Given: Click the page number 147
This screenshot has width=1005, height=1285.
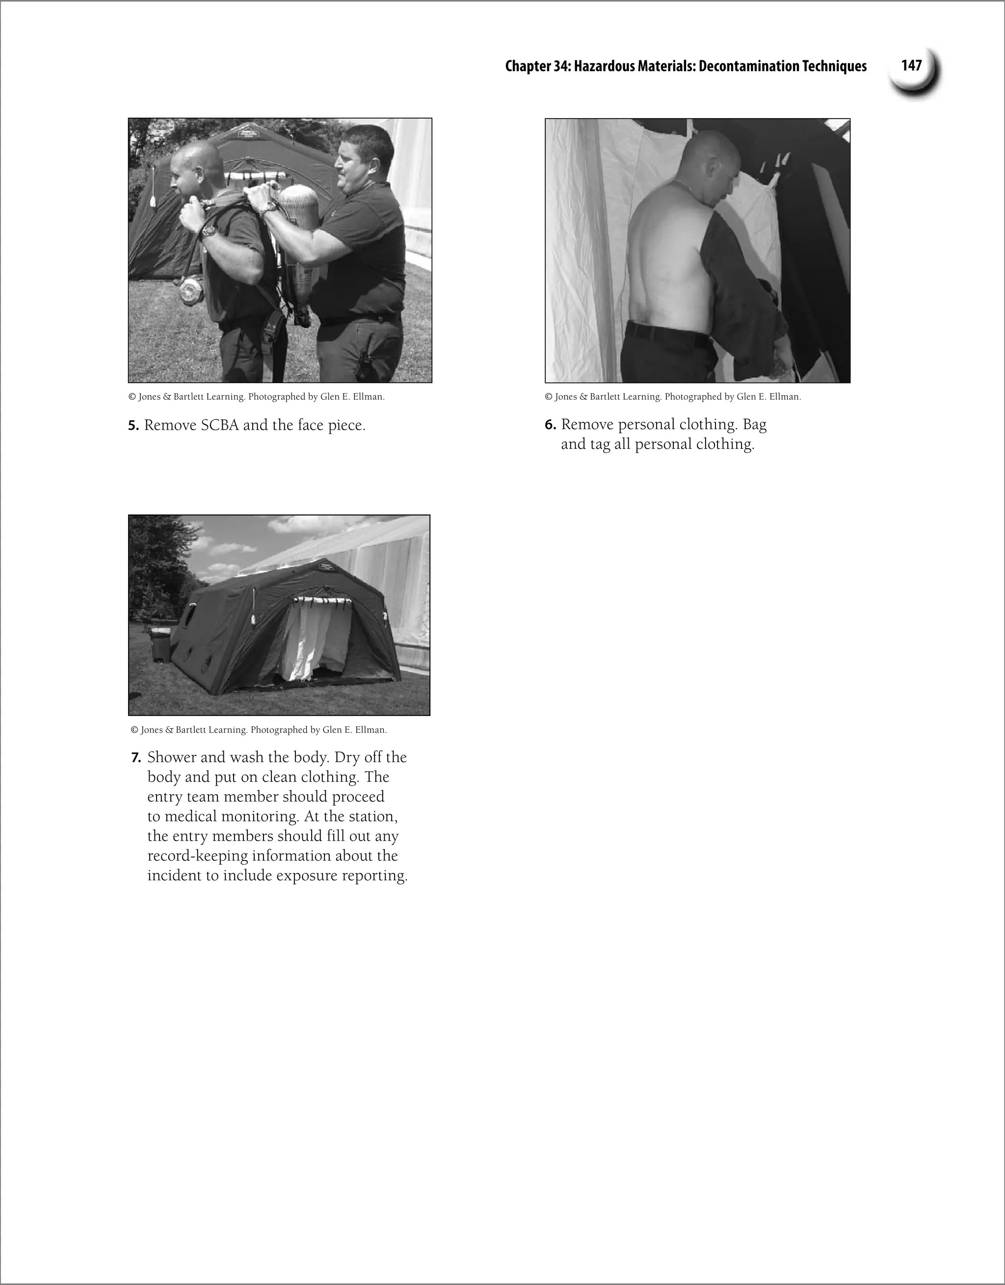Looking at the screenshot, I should click(911, 65).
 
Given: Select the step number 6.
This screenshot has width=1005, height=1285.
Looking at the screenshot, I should click(550, 424).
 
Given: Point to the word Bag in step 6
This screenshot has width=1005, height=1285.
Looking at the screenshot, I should click(754, 424).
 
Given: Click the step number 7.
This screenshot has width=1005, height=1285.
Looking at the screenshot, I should click(135, 757).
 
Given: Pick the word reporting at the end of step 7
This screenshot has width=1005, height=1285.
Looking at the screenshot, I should click(374, 875).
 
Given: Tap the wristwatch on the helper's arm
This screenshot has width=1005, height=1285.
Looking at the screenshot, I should click(270, 207).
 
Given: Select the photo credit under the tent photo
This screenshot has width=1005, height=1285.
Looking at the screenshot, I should click(259, 730).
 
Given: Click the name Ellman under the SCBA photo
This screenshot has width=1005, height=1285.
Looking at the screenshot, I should click(368, 397).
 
